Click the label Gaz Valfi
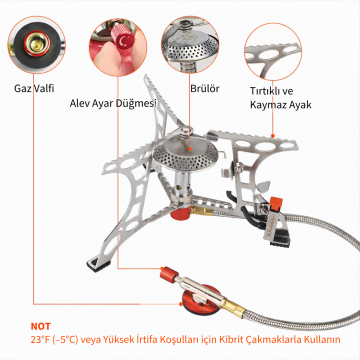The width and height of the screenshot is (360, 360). point(34,89)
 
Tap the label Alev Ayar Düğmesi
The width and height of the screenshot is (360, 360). point(113,103)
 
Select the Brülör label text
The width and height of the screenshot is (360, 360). point(205,89)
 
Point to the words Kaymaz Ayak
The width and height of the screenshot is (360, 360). point(281,105)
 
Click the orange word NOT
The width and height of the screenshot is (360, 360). point(40,326)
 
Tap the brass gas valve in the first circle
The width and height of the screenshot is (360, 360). point(36,43)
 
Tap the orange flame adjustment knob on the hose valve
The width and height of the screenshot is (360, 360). point(169,275)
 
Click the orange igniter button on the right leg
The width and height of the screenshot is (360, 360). point(276,203)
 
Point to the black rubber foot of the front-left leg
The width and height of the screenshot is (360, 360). point(98,264)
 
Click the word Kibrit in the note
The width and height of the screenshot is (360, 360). point(229,340)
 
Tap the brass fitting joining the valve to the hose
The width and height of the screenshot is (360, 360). point(234,308)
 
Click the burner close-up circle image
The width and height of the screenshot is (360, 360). point(190,45)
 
